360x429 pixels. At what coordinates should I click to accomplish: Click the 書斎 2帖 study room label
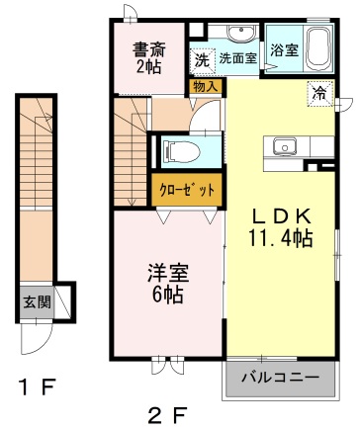[148, 57]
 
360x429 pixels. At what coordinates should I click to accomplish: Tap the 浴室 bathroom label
[284, 50]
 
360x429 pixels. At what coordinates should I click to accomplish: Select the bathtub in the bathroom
[317, 48]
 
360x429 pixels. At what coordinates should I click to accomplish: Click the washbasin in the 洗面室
[241, 33]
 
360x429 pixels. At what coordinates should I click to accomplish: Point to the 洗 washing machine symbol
[202, 60]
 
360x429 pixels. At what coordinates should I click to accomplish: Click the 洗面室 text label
[238, 58]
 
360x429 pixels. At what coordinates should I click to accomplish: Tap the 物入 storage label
[206, 87]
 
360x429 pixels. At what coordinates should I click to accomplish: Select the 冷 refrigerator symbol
[319, 94]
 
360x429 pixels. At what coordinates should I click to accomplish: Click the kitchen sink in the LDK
[285, 145]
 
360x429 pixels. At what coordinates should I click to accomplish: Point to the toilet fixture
[182, 152]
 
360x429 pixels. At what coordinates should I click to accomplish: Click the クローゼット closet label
[187, 190]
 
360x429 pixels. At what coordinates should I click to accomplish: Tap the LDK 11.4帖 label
[281, 228]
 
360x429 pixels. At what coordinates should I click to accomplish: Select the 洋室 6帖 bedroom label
[168, 284]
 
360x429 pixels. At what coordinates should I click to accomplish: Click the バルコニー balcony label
[281, 377]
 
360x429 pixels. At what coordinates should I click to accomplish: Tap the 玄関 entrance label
[38, 301]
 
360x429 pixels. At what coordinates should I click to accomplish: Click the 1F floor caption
[36, 387]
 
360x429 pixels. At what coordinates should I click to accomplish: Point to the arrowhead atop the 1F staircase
[48, 117]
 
